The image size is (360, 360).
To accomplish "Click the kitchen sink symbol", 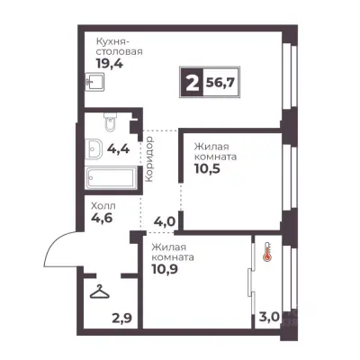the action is (94, 82).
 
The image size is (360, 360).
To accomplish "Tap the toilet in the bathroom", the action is (110, 122).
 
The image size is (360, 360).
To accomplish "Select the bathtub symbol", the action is (111, 178).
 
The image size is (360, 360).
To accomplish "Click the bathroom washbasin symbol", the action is (94, 148).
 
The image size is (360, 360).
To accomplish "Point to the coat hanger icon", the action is (100, 292).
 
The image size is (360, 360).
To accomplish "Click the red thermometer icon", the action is (266, 251).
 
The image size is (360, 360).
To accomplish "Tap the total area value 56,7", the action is (220, 83).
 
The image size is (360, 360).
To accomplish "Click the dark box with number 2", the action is (192, 82).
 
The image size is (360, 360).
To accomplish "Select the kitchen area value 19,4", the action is (109, 64).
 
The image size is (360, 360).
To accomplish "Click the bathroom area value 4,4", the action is (118, 148).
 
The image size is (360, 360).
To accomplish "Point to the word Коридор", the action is (149, 159).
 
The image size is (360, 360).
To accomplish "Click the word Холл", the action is (103, 206).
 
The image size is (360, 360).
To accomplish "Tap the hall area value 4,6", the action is (102, 218).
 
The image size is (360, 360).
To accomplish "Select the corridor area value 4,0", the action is (164, 222).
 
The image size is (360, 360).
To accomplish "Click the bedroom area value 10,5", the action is (207, 169).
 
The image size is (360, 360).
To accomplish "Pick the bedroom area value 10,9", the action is (165, 269).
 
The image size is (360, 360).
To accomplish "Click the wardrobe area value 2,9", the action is (121, 318).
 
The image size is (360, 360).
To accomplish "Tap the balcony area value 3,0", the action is (269, 317).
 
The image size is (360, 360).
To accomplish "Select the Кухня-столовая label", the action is (119, 47).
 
